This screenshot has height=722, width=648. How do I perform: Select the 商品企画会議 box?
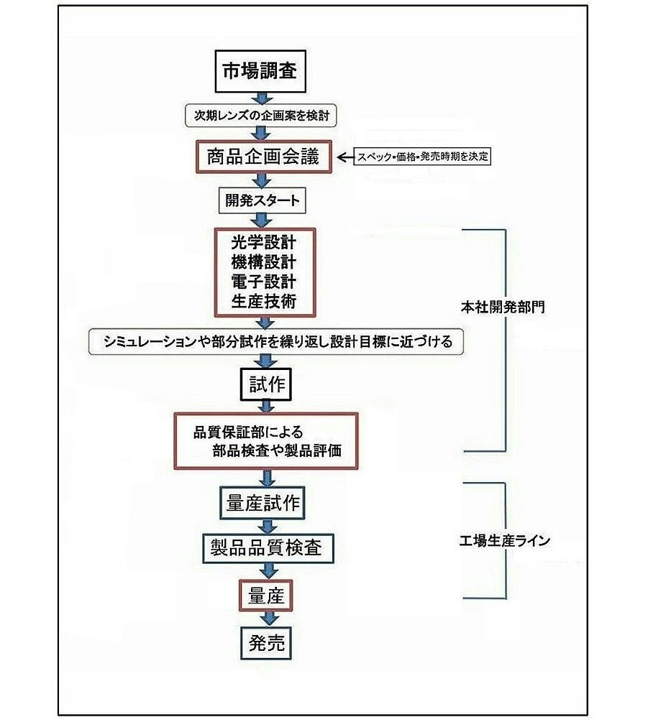click(263, 157)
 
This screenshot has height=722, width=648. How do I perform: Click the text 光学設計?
click(263, 241)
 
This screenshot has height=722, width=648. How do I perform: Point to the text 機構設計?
click(263, 261)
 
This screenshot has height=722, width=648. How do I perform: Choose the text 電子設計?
click(263, 281)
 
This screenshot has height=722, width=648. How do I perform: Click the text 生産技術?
click(263, 301)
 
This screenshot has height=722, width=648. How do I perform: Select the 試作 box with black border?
click(263, 384)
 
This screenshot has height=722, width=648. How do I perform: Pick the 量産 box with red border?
click(266, 595)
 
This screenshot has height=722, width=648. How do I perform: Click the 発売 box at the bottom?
click(266, 642)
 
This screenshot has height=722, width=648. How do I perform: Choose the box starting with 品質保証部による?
click(266, 441)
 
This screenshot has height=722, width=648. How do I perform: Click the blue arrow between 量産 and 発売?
click(269, 618)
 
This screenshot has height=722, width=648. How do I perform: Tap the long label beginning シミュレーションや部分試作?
click(275, 342)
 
